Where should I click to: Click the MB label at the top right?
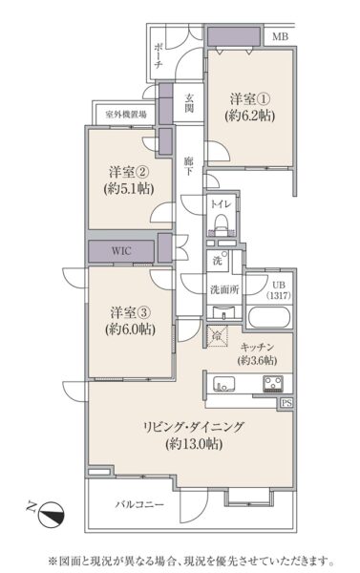pyautogui.click(x=281, y=36)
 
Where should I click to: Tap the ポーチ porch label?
pyautogui.click(x=159, y=56)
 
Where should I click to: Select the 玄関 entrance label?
pyautogui.click(x=189, y=103)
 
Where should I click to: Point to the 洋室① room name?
pyautogui.click(x=250, y=98)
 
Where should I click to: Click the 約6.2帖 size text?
pyautogui.click(x=250, y=116)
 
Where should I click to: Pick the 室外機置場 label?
pyautogui.click(x=126, y=115)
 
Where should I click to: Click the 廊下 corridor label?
pyautogui.click(x=188, y=166)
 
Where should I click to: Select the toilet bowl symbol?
pyautogui.click(x=221, y=223)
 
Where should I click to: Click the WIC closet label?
pyautogui.click(x=121, y=251)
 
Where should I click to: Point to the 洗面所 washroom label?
pyautogui.click(x=224, y=289)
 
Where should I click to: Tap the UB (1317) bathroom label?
pyautogui.click(x=279, y=291)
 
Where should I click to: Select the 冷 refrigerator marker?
pyautogui.click(x=217, y=336)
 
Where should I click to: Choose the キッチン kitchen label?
pyautogui.click(x=257, y=347)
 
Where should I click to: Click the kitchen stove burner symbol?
pyautogui.click(x=273, y=384)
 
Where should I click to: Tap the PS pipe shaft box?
pyautogui.click(x=286, y=403)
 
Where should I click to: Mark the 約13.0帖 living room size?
pyautogui.click(x=194, y=444)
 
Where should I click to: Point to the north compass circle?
pyautogui.click(x=52, y=514)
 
